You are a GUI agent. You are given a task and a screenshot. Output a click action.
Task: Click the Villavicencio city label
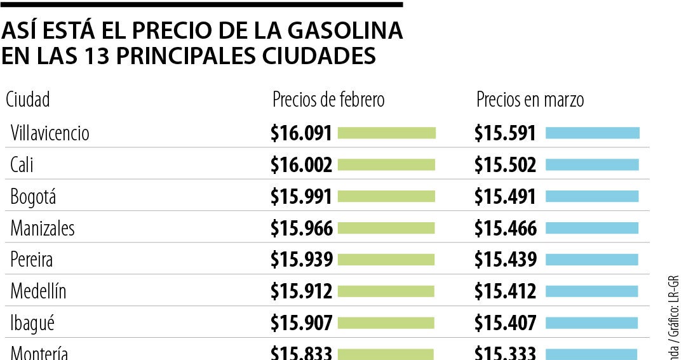coord(50,133)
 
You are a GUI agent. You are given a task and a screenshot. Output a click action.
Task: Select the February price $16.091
coord(301,133)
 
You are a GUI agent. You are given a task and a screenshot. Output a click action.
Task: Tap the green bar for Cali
coord(386,165)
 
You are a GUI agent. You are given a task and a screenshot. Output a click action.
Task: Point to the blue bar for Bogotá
coord(592,197)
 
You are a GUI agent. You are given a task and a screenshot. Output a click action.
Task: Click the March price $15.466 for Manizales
coord(506,229)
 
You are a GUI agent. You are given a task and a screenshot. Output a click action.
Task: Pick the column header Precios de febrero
coord(328,100)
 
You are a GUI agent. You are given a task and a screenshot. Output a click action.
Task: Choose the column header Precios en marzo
coord(530,100)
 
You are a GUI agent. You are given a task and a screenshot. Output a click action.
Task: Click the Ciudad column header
coord(27,100)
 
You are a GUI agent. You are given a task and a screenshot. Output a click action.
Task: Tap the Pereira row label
coord(31,260)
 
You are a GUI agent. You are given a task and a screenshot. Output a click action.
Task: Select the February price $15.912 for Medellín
coord(301,291)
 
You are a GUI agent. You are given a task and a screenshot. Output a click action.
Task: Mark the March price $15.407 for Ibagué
coord(506,323)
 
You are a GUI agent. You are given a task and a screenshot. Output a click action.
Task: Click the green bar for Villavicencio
coord(387,133)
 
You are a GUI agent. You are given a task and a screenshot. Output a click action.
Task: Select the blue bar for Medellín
coord(591,291)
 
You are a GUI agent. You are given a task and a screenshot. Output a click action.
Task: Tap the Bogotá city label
coord(33,197)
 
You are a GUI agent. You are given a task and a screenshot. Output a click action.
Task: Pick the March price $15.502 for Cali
coord(506,165)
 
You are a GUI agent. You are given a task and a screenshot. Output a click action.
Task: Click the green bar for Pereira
coord(386,260)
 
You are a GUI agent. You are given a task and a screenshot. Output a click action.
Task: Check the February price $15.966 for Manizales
coord(301,229)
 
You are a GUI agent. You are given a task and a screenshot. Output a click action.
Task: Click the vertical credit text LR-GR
coord(675,289)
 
